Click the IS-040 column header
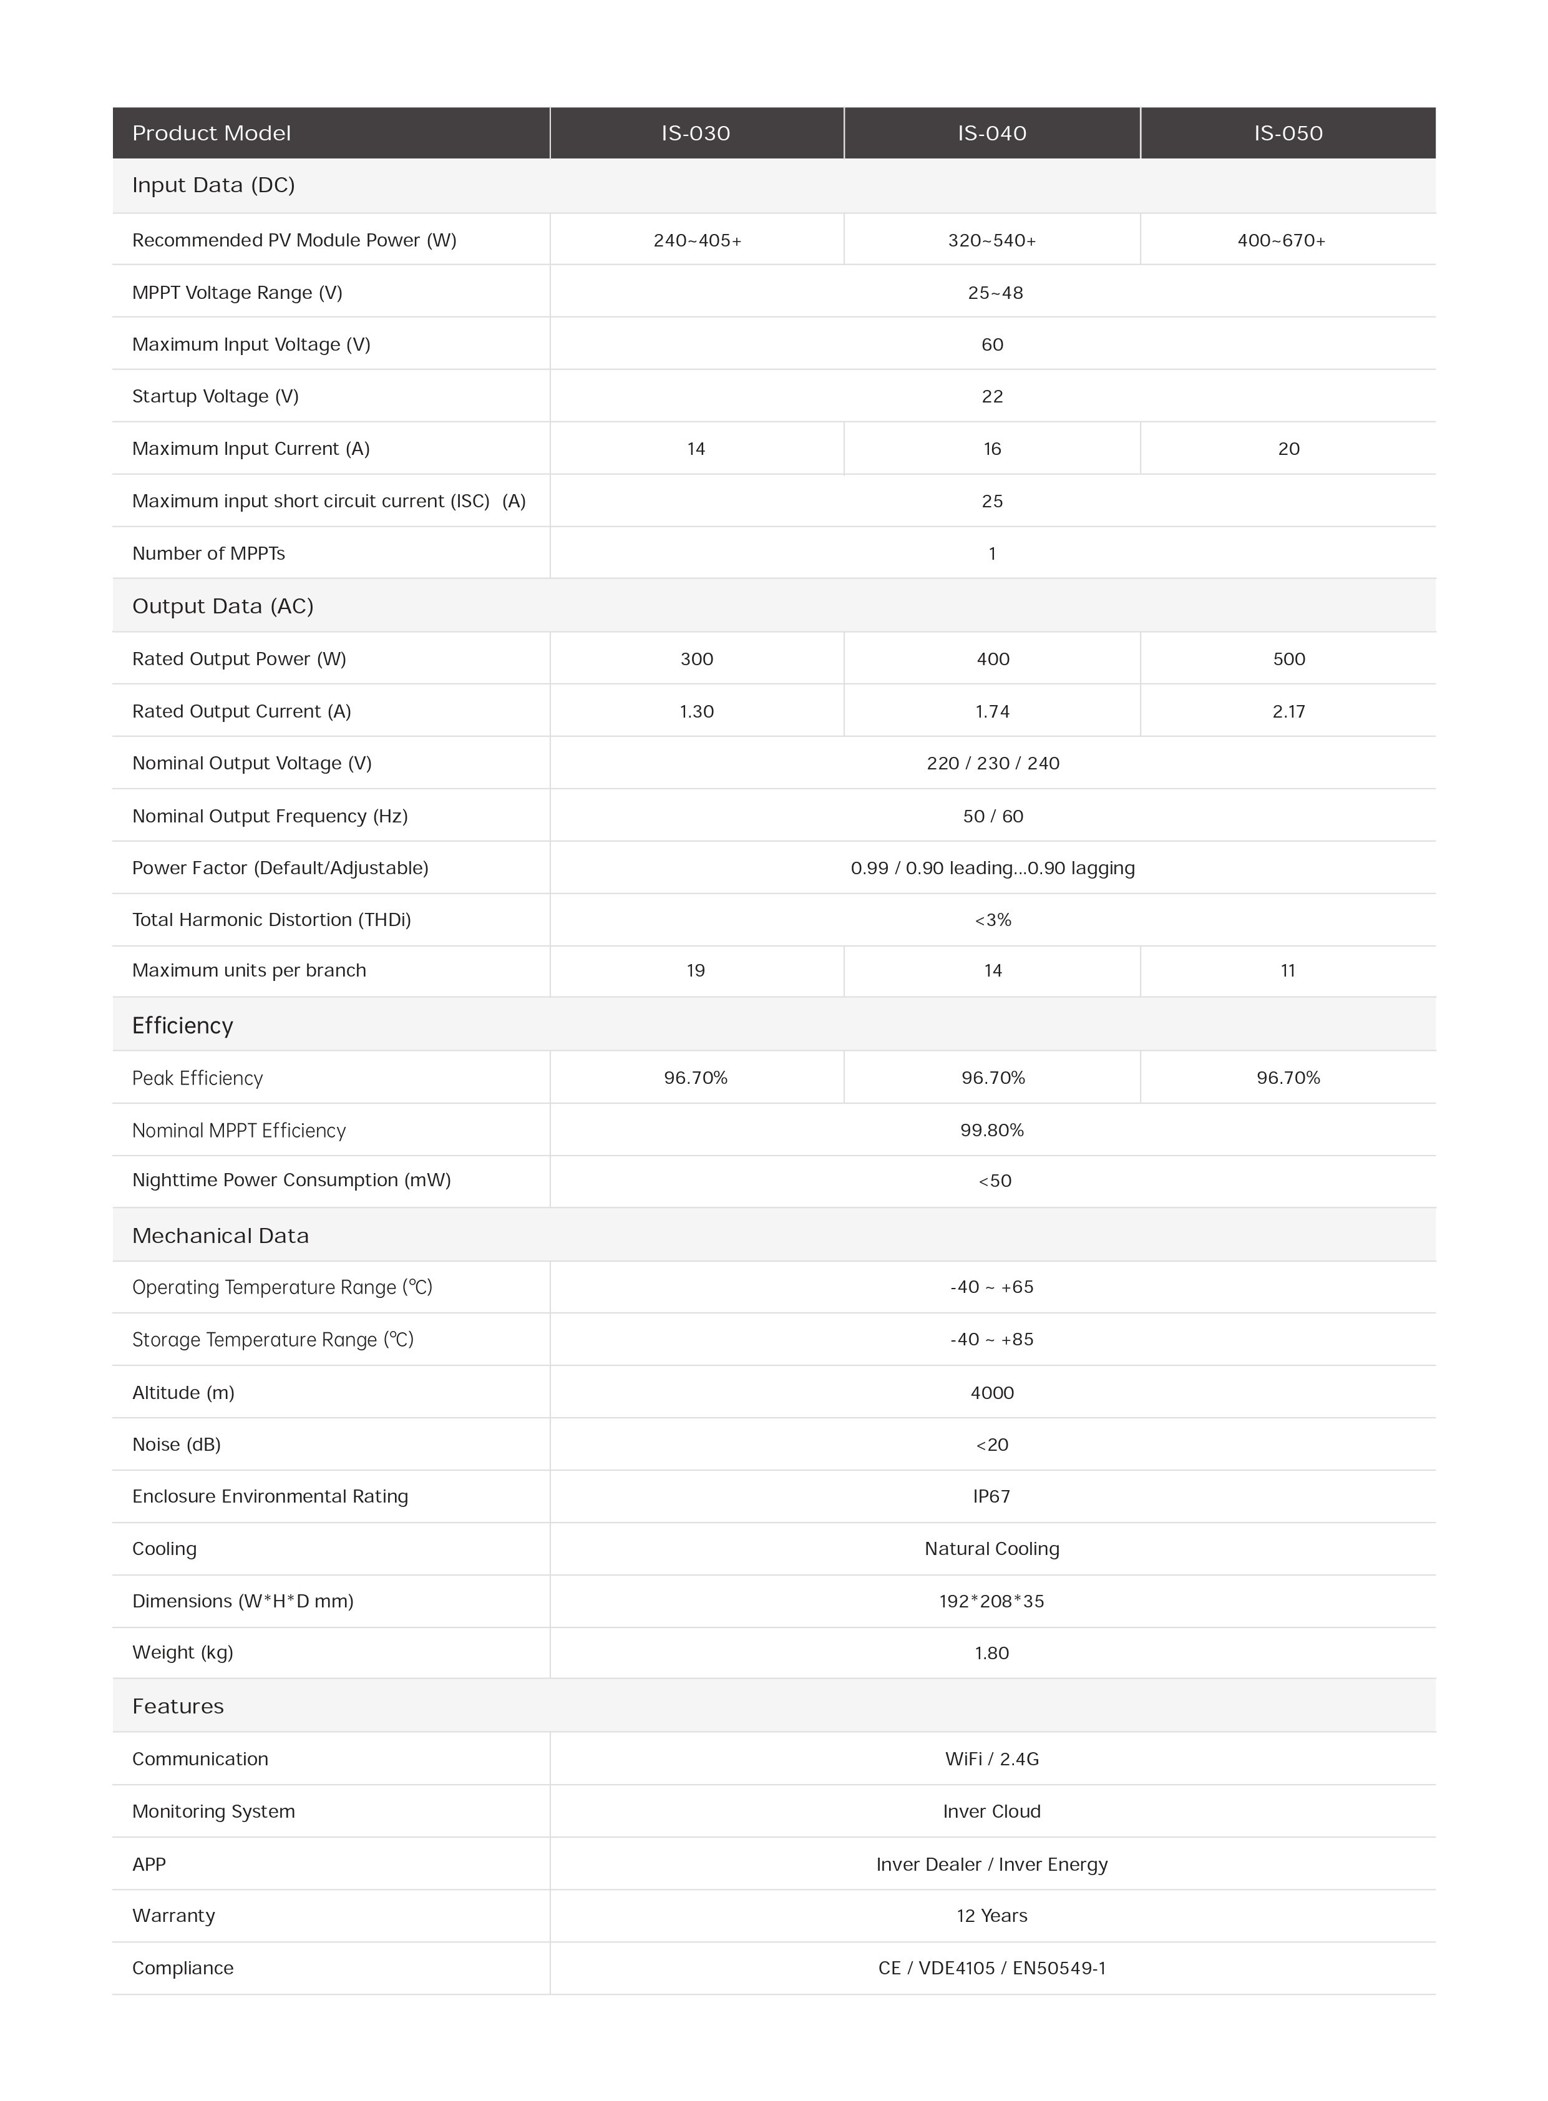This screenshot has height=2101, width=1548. click(991, 133)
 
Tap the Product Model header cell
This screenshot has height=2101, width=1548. click(212, 133)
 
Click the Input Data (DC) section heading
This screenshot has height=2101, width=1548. click(213, 185)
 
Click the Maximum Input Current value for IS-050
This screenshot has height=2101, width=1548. click(1288, 449)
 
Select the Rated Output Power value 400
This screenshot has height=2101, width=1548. click(992, 659)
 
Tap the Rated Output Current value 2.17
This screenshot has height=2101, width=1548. click(1288, 711)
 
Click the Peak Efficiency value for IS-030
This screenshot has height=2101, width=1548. click(695, 1078)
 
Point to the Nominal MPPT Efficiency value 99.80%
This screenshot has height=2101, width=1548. click(991, 1130)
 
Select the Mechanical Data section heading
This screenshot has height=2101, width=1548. click(220, 1235)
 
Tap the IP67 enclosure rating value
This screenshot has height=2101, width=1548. click(991, 1496)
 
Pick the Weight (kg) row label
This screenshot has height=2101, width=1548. click(183, 1652)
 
